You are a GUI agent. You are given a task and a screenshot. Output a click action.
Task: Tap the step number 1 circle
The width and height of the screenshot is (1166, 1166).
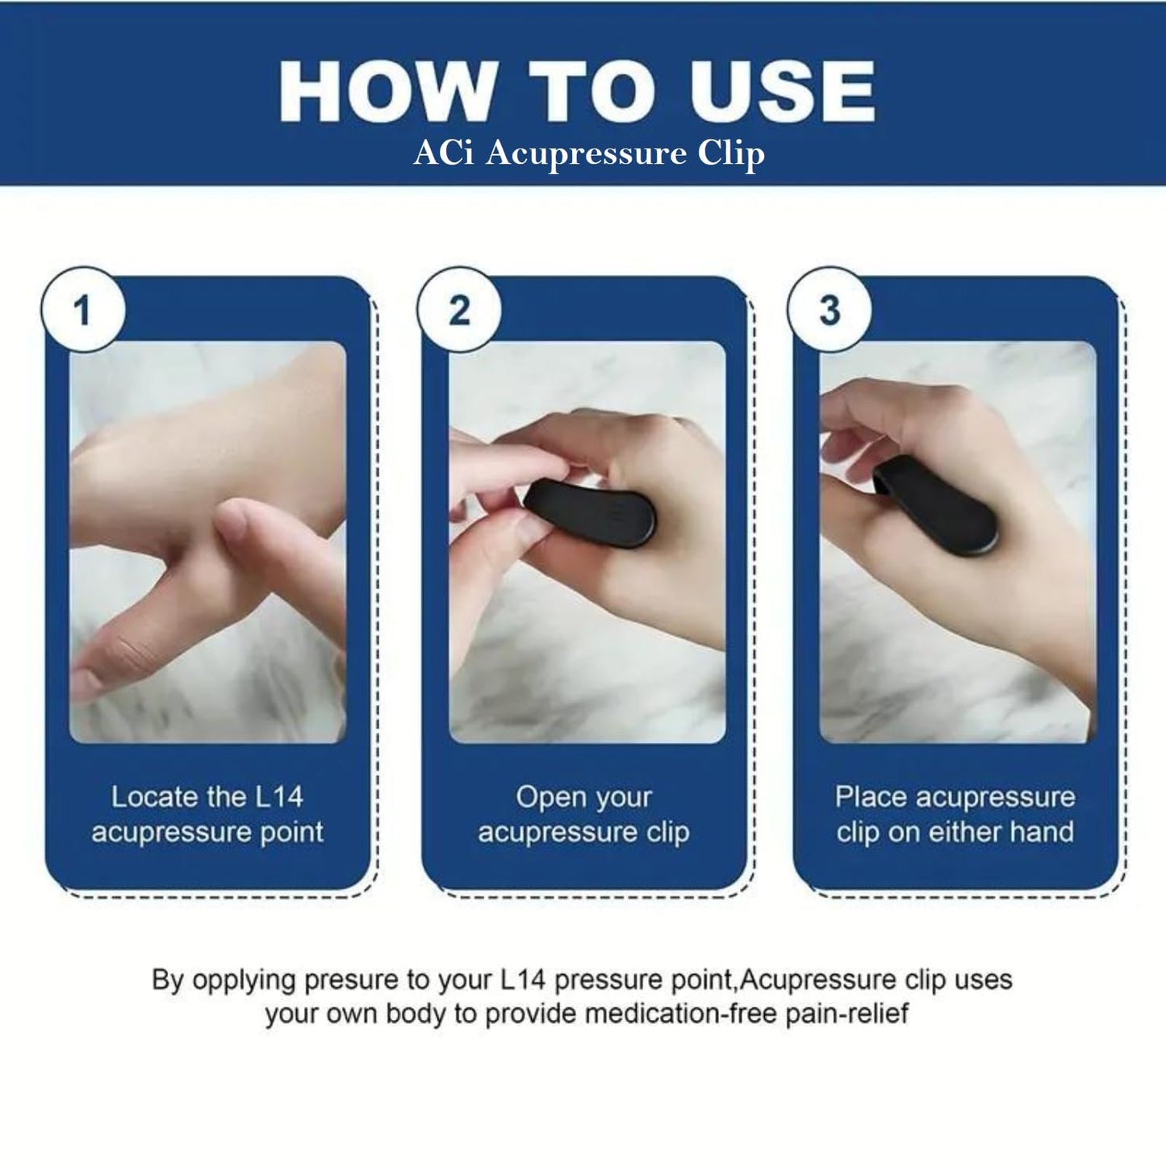click(x=83, y=310)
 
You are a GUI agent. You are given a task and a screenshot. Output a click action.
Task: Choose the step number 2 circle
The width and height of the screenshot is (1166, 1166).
click(x=459, y=310)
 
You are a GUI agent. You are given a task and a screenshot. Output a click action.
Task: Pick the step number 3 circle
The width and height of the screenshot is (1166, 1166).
click(x=830, y=310)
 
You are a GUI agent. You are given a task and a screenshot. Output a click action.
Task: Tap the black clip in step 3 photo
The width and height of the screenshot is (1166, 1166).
click(x=935, y=509)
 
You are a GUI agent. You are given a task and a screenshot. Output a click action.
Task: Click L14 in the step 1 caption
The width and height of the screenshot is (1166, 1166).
click(x=279, y=797)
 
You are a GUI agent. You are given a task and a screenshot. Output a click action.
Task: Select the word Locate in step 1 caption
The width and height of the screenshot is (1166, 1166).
click(x=155, y=797)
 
